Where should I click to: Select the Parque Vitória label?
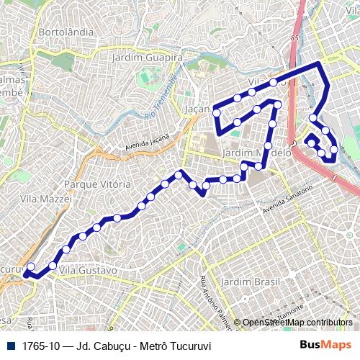tap(97, 184)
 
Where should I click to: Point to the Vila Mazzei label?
tap(46, 198)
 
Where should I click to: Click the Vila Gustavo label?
tap(88, 270)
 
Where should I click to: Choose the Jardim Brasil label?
tap(249, 281)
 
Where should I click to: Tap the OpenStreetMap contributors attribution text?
tap(297, 323)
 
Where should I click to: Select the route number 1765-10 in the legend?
tap(42, 346)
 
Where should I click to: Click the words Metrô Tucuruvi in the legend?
tap(174, 346)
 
